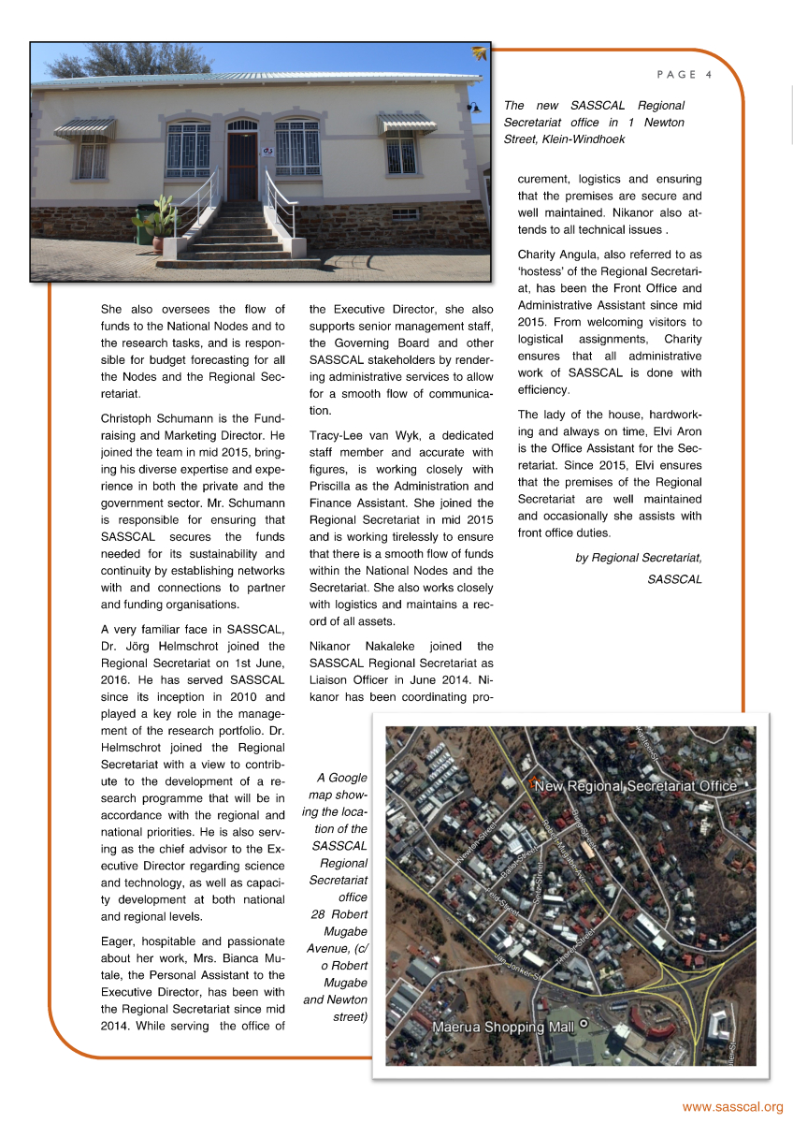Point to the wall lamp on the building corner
(474, 109)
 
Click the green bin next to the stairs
(143, 226)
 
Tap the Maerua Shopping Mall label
(502, 1027)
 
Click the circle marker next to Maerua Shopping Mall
(584, 1024)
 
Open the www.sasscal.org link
(732, 1107)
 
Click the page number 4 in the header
(709, 75)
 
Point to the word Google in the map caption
(347, 778)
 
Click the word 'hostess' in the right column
(542, 271)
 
